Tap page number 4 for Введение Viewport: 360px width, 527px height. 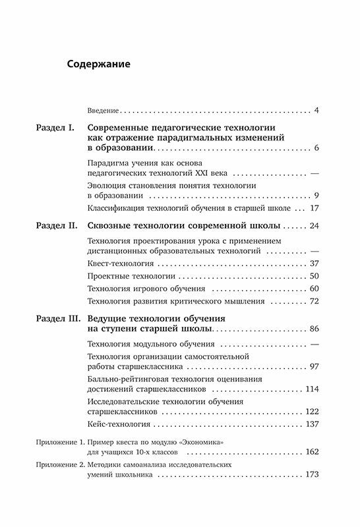point(316,109)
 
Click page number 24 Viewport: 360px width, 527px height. point(313,226)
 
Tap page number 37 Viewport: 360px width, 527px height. point(313,263)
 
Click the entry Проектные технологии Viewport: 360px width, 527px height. point(123,276)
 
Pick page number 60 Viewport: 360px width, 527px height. point(313,289)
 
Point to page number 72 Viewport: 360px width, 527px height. point(313,301)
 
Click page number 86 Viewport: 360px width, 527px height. point(313,328)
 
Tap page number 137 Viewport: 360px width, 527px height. point(311,425)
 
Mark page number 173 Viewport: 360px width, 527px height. point(311,476)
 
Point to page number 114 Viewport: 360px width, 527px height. point(311,389)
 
